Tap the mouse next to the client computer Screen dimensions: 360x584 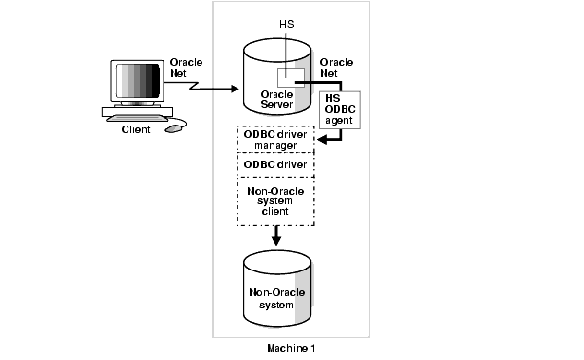(174, 127)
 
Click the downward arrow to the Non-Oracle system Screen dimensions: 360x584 (275, 235)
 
